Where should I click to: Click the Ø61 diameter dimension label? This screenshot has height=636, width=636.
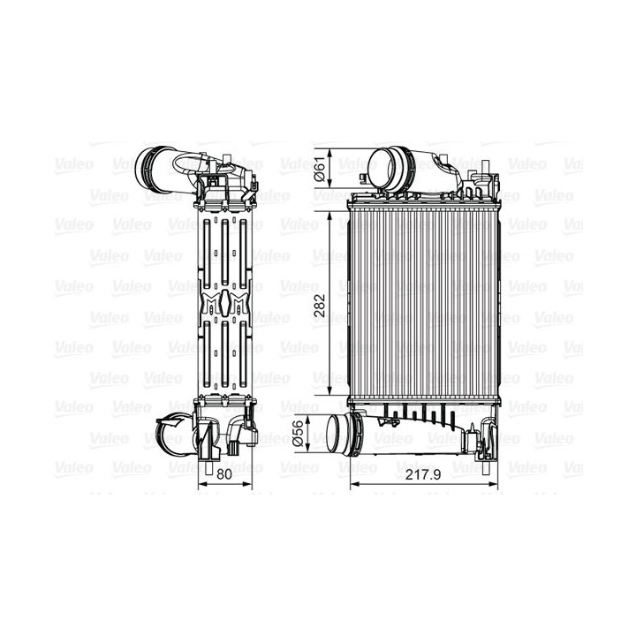[x=320, y=169]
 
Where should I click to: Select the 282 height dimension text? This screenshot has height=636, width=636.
[x=320, y=305]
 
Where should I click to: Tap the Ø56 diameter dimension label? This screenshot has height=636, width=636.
[x=298, y=433]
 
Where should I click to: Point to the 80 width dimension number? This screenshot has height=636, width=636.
[x=223, y=473]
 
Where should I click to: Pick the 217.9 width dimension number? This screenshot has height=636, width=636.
[x=422, y=474]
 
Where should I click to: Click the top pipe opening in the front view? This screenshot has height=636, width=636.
[x=382, y=168]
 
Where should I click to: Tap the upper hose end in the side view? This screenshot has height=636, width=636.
[x=148, y=167]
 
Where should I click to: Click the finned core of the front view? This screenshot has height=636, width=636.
[x=423, y=304]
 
